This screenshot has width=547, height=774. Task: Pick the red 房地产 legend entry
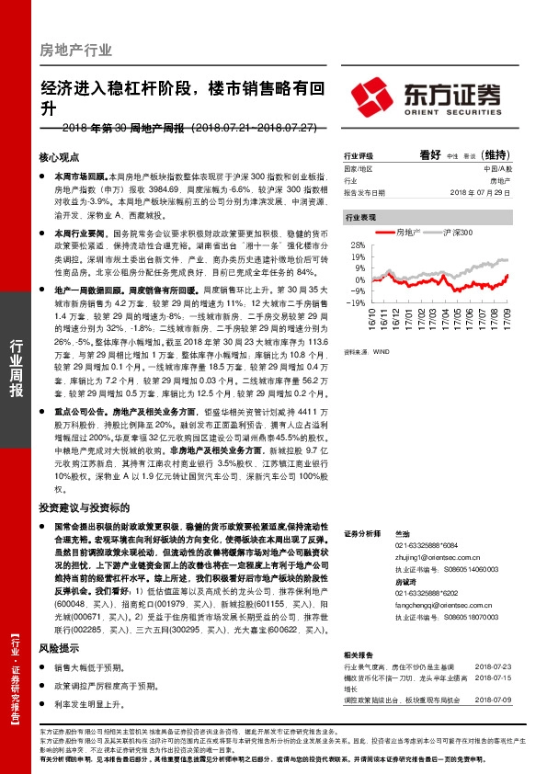(x=403, y=233)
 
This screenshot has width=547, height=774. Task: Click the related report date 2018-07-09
(x=496, y=700)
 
